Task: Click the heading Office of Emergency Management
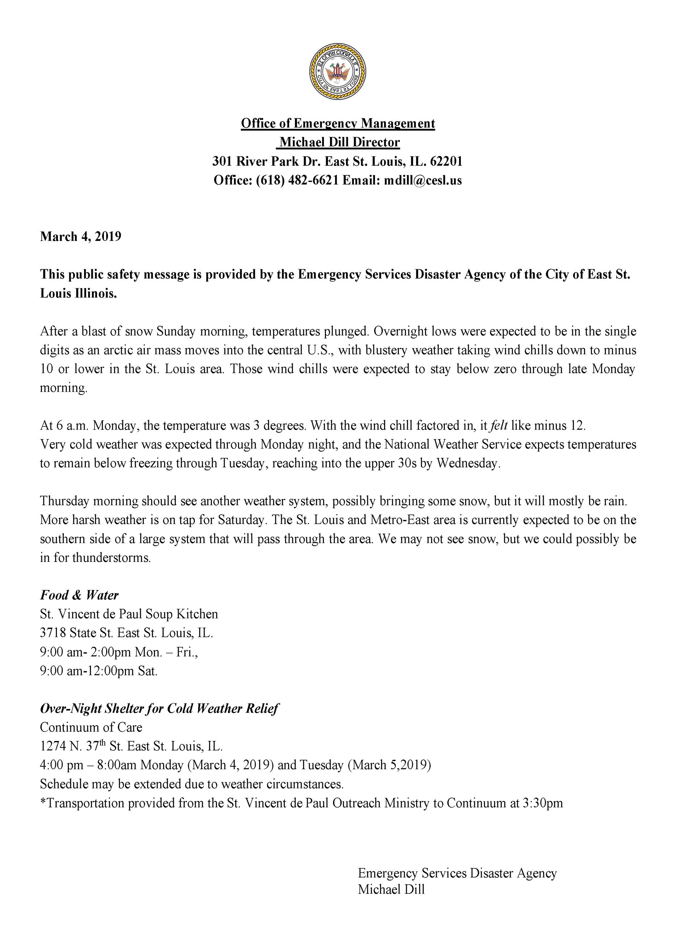(338, 123)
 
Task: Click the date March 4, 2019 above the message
(80, 237)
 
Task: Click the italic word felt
(499, 426)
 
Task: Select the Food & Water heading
(79, 595)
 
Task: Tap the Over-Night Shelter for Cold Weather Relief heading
(159, 709)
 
